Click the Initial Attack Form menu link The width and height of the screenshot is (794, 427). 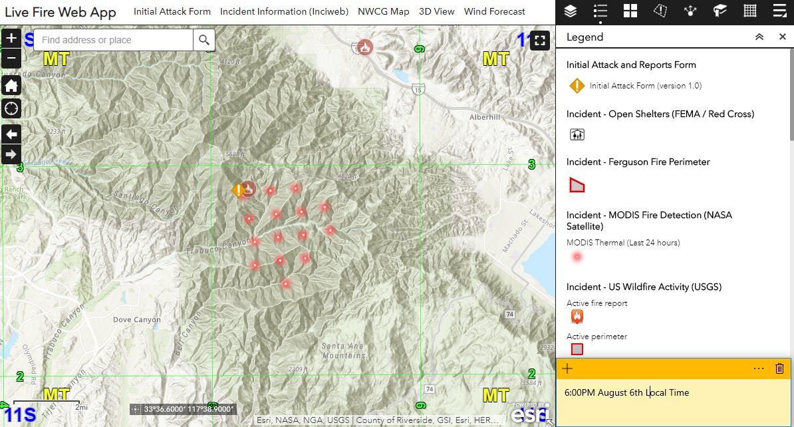(172, 11)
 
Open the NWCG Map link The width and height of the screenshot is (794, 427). (383, 11)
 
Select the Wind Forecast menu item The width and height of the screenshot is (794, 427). (494, 11)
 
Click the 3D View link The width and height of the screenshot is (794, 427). (437, 11)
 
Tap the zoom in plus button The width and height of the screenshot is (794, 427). (11, 38)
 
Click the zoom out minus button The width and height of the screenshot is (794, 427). (11, 57)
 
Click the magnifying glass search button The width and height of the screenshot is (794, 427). (204, 40)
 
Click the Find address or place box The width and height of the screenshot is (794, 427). (113, 40)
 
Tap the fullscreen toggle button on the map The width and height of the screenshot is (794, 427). (540, 40)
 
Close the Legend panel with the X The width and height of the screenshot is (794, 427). (783, 37)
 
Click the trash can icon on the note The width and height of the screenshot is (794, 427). (780, 368)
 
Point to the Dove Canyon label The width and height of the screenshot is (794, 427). (136, 320)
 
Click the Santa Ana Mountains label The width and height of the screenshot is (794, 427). (342, 351)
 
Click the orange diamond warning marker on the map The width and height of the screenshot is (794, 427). (237, 191)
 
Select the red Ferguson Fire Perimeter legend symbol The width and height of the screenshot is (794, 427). (577, 185)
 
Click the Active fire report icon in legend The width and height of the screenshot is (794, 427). (577, 317)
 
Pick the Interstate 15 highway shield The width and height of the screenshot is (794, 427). (417, 89)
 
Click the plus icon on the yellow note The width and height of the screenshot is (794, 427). (567, 368)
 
